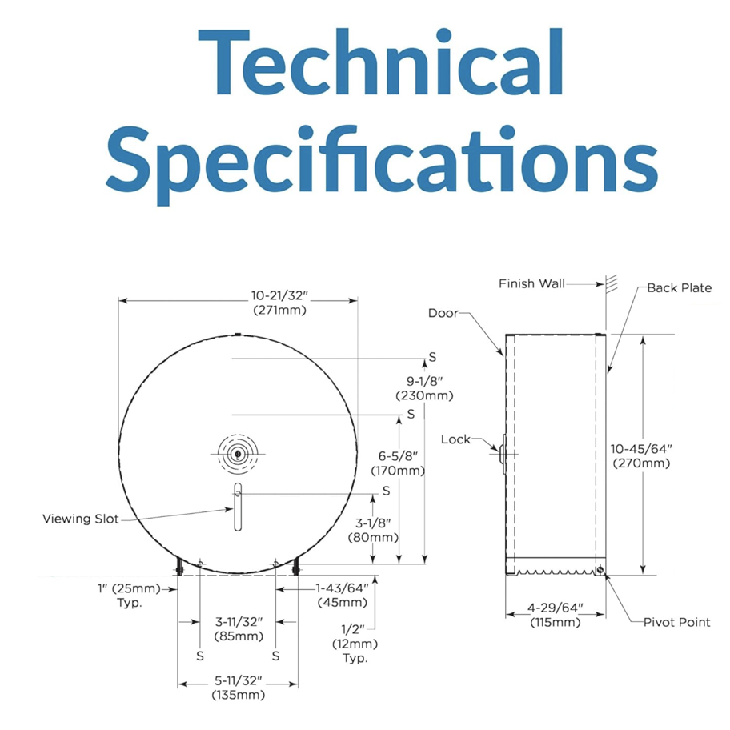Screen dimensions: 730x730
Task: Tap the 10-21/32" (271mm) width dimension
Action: (x=280, y=303)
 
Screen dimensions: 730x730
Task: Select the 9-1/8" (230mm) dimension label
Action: (x=424, y=388)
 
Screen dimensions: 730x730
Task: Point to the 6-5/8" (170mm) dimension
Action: (x=398, y=463)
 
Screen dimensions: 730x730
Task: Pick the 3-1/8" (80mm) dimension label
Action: (x=373, y=530)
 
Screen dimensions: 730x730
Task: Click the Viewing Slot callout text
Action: (x=81, y=519)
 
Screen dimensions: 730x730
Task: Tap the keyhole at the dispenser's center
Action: (x=238, y=454)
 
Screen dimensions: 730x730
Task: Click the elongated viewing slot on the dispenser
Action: (x=238, y=507)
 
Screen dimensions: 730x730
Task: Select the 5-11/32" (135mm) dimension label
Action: (x=238, y=688)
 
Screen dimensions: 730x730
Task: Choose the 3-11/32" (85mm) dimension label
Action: (x=239, y=628)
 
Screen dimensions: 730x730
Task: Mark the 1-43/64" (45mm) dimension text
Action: (x=343, y=595)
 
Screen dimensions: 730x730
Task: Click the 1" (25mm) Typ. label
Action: (x=129, y=596)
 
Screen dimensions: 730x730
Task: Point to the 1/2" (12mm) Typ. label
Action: (x=355, y=644)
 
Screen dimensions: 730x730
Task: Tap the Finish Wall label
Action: (x=531, y=283)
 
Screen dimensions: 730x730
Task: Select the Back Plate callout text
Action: (x=680, y=287)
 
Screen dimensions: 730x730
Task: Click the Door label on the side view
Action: (x=443, y=313)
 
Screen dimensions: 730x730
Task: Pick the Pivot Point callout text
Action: (x=677, y=622)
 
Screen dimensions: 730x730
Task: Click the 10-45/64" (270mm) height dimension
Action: (x=641, y=455)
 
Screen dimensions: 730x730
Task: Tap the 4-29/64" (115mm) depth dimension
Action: (x=556, y=615)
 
